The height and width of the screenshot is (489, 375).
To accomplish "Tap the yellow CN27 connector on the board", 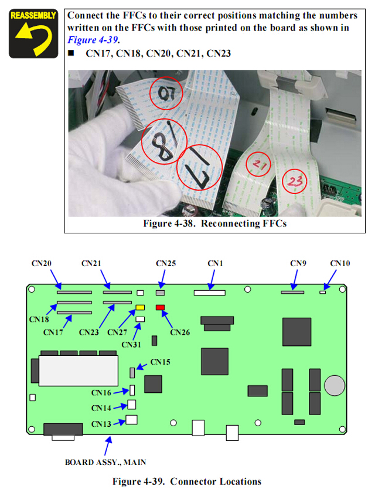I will (x=140, y=307).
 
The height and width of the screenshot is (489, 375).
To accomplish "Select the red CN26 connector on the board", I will (x=160, y=307).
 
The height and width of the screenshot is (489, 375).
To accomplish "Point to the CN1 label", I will (x=216, y=264).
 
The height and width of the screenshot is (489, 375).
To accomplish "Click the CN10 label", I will (x=340, y=264).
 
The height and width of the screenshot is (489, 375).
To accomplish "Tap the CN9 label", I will (x=298, y=264).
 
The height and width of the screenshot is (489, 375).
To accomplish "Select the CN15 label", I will (x=161, y=362).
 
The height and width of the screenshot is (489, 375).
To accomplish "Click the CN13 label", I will (x=101, y=423).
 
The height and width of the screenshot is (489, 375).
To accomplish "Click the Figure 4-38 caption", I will (x=215, y=223).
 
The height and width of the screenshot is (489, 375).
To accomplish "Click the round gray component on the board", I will (x=335, y=385).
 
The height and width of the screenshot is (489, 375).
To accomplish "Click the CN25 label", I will (x=166, y=264).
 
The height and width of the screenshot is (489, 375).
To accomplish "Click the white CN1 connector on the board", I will (x=209, y=291).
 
